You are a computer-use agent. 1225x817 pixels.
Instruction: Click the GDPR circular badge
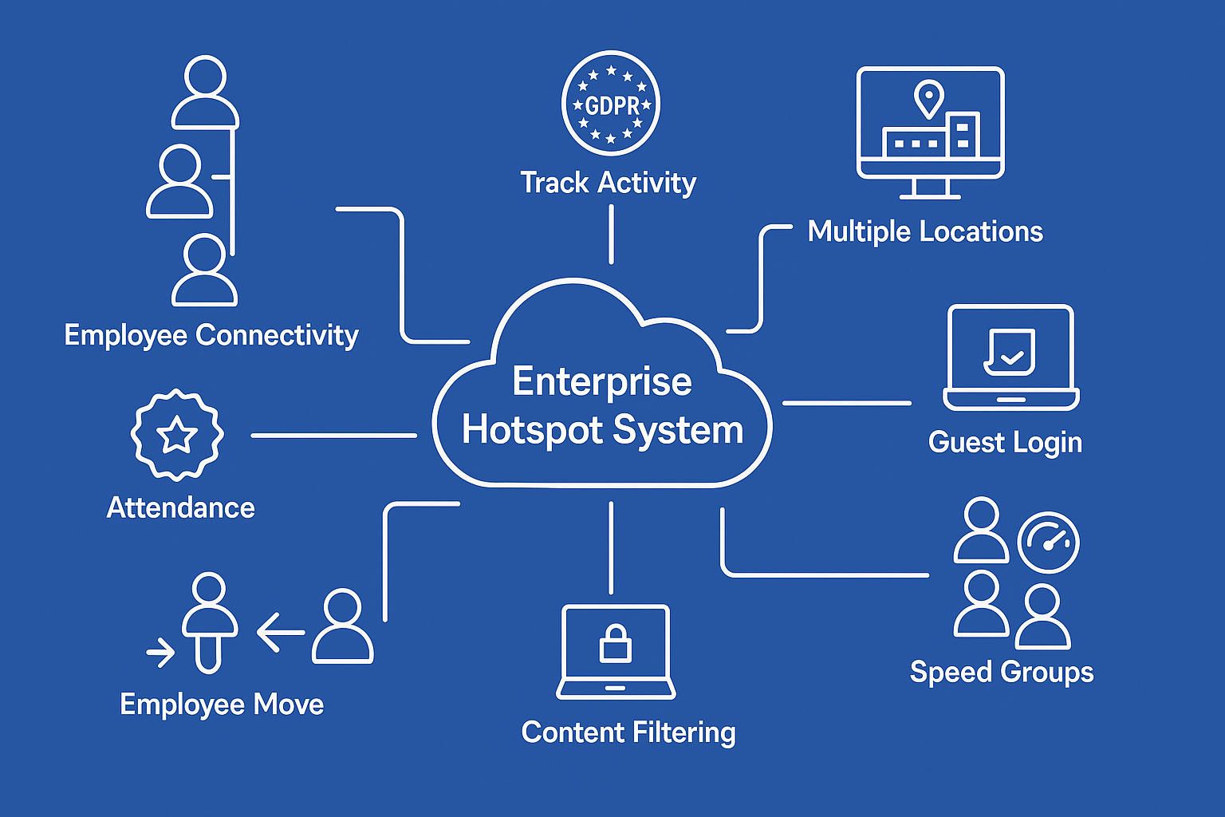(611, 105)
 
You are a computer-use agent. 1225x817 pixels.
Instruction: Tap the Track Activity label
(608, 183)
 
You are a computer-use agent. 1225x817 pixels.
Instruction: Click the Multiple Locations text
(925, 231)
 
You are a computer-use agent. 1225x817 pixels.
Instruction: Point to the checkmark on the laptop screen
(1011, 356)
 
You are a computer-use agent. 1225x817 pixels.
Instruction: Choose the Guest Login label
(1005, 442)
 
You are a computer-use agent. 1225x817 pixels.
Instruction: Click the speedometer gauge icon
(1048, 543)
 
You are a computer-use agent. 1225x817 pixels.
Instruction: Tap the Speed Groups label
(1002, 672)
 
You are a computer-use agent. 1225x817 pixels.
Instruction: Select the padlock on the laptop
(615, 644)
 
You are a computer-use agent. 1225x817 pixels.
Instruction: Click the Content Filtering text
(628, 732)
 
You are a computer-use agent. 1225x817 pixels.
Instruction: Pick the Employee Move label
(222, 705)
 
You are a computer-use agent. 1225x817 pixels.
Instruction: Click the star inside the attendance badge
(176, 436)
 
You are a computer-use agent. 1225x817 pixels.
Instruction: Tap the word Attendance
(181, 508)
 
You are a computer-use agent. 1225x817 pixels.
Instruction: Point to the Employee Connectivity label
(211, 335)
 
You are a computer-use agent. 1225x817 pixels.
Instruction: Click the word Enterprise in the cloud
(602, 381)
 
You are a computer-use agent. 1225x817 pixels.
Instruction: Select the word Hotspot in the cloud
(532, 430)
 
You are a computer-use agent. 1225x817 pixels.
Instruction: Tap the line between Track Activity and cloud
(611, 234)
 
